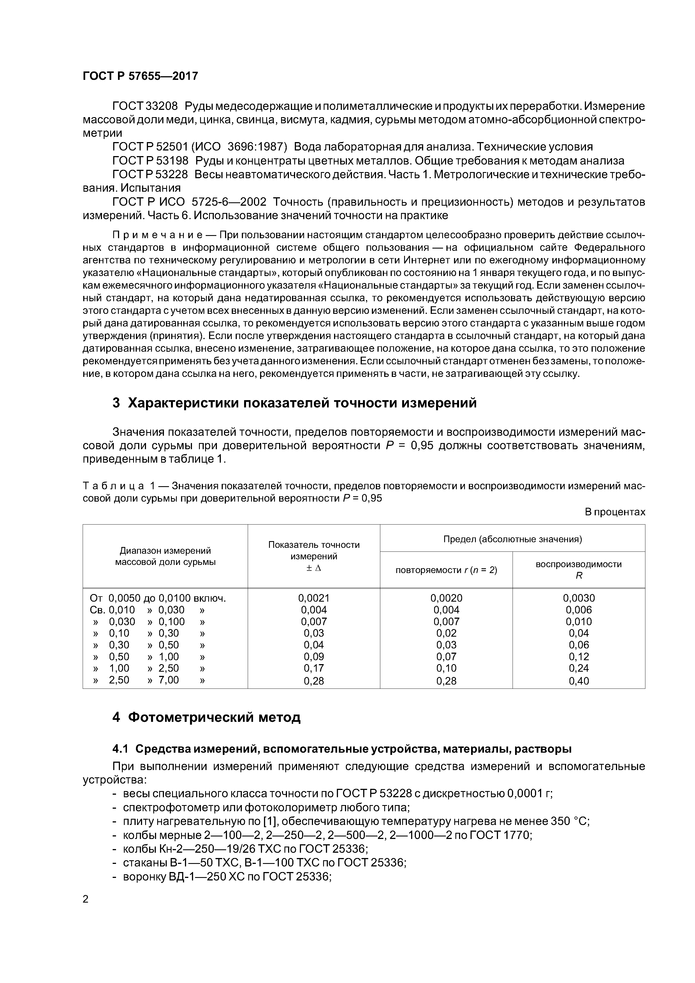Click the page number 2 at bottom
tap(86, 899)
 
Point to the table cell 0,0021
tap(314, 598)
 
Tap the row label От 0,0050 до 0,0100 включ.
tap(157, 598)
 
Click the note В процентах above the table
tap(615, 512)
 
